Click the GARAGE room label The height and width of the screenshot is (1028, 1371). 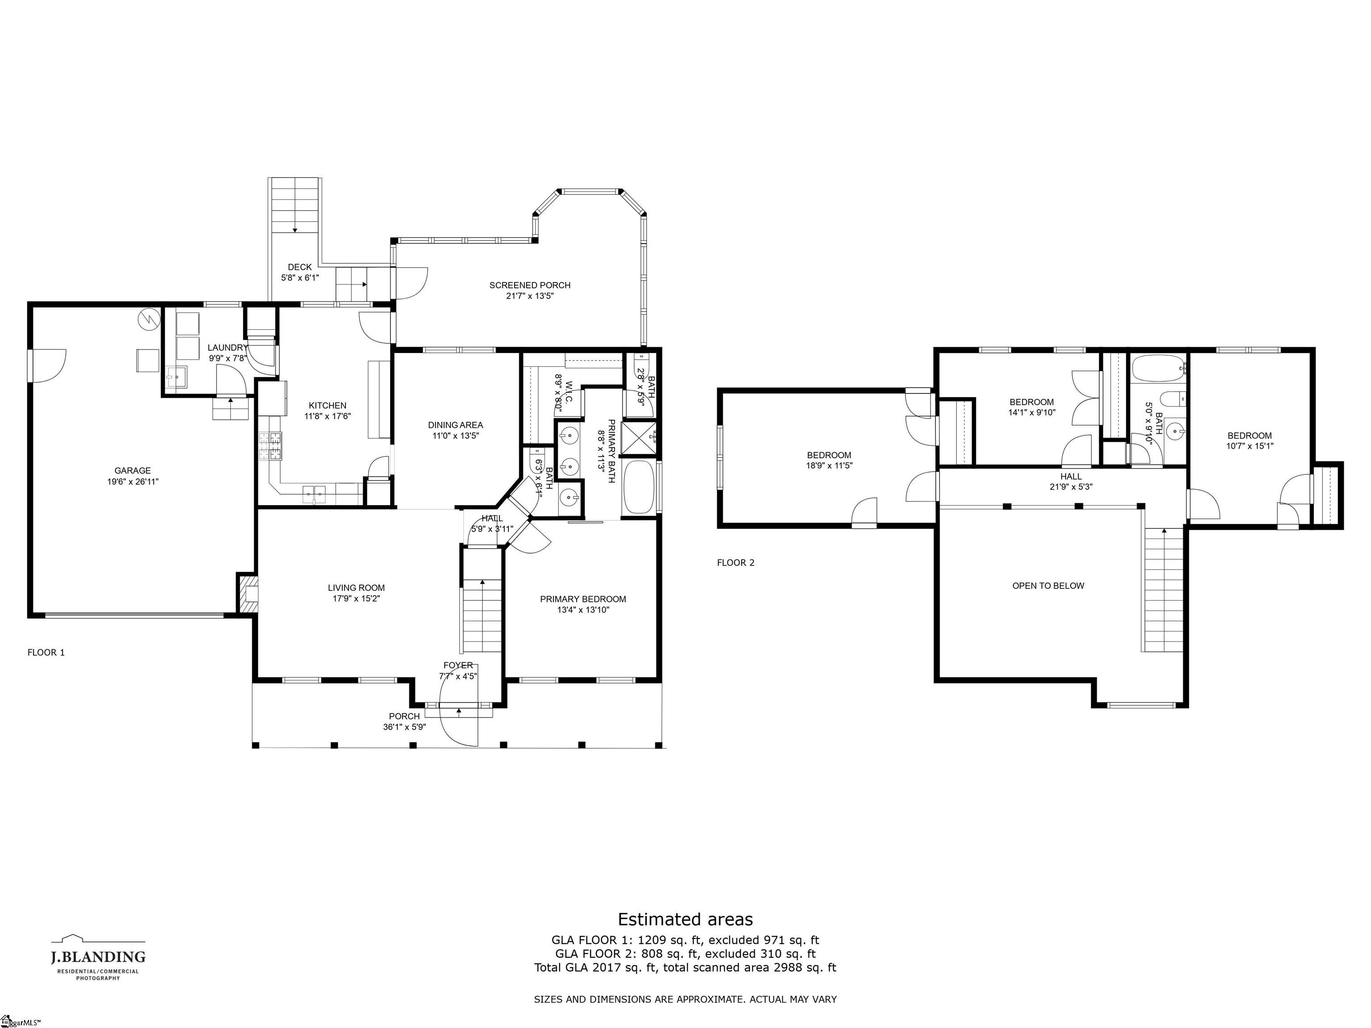[x=133, y=471]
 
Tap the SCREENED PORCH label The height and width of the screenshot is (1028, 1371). [x=530, y=285]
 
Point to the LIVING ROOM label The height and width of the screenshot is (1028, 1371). [x=357, y=588]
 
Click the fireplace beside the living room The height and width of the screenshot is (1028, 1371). [x=247, y=593]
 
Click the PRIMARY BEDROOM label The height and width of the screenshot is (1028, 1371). [x=583, y=599]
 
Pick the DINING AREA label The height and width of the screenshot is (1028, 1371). [x=456, y=425]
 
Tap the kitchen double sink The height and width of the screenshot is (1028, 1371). [x=314, y=494]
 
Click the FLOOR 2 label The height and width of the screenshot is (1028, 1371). [x=735, y=563]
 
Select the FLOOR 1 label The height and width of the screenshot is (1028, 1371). [x=46, y=652]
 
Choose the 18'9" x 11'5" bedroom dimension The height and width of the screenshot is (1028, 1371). [x=829, y=466]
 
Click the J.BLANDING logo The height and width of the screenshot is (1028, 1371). [x=98, y=958]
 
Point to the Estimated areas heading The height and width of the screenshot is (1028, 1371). [x=685, y=920]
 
